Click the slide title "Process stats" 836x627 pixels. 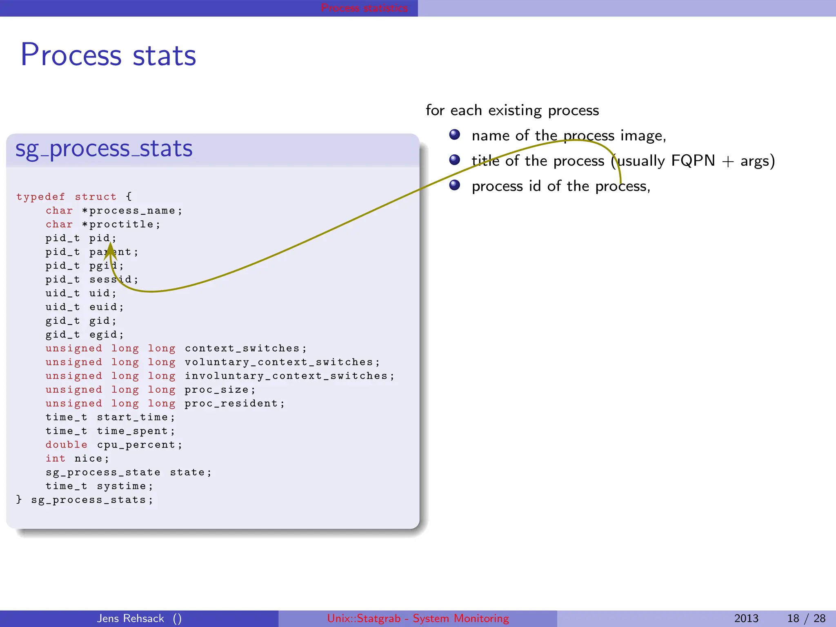coord(108,55)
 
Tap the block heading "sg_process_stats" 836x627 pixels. coord(104,149)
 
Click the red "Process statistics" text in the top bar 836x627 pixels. coord(364,8)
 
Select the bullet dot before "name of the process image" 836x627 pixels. coord(455,135)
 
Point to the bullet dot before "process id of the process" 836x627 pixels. coord(455,185)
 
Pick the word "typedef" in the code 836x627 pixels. coord(40,197)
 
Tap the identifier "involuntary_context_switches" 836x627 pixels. coord(286,376)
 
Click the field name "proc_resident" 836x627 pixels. coord(231,403)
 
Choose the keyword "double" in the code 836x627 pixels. coord(66,445)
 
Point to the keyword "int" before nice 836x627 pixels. coord(55,458)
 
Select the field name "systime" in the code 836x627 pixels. coord(121,486)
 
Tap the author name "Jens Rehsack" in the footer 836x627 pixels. coord(130,618)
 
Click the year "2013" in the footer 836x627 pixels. coord(746,618)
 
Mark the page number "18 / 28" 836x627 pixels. coord(806,618)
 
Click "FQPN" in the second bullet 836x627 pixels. coord(693,161)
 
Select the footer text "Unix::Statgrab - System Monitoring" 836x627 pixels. coord(418,618)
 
